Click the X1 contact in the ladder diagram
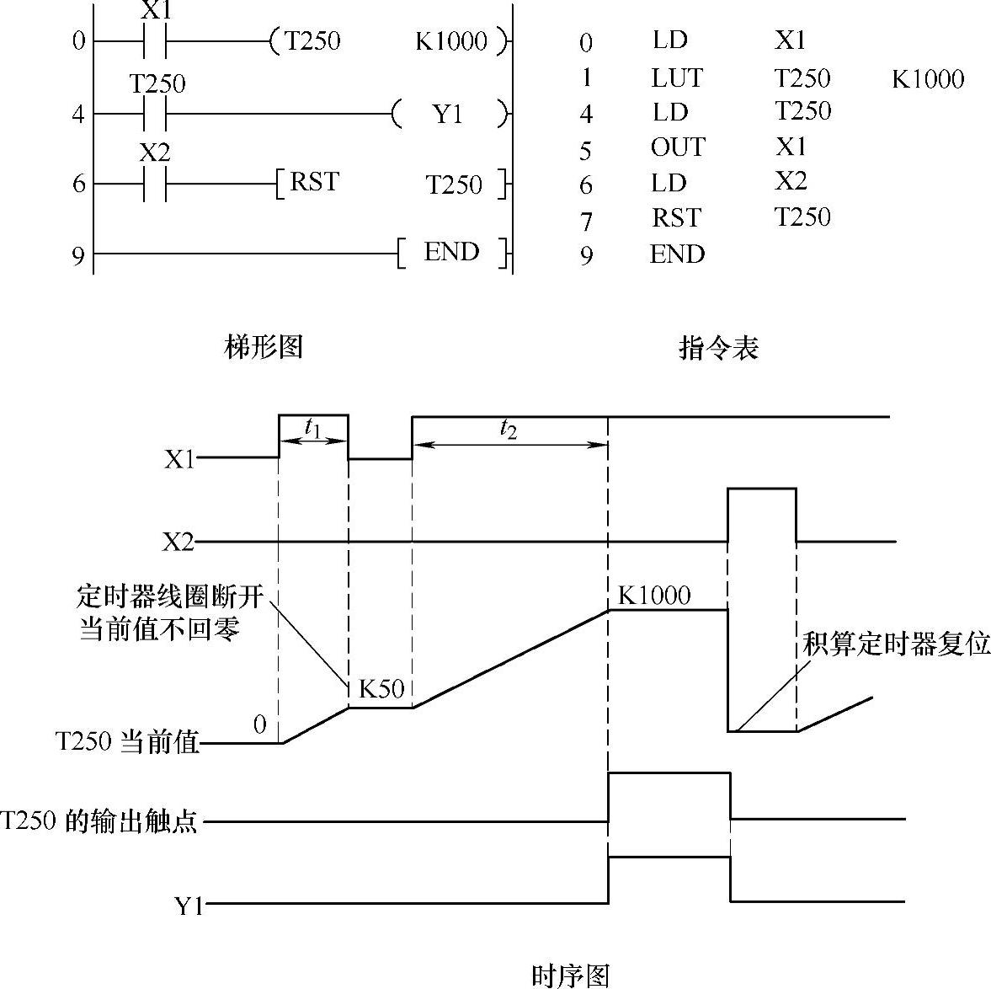155,40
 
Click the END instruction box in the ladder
452,253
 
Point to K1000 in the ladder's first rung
452,41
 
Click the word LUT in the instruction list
677,78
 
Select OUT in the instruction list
677,147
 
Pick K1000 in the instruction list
928,80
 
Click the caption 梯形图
264,346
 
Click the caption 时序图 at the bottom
570,976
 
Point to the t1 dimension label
312,429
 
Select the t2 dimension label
509,429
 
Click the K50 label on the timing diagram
381,689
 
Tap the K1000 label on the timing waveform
654,596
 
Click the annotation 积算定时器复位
896,644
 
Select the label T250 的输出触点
99,821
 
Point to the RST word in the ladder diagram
314,182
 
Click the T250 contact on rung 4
155,113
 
